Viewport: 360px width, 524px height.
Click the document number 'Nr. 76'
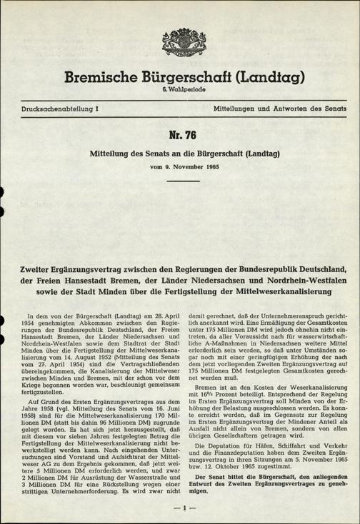pyautogui.click(x=180, y=136)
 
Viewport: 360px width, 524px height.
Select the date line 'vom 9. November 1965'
pyautogui.click(x=180, y=166)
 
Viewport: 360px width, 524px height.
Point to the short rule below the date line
pyautogui.click(x=180, y=181)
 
